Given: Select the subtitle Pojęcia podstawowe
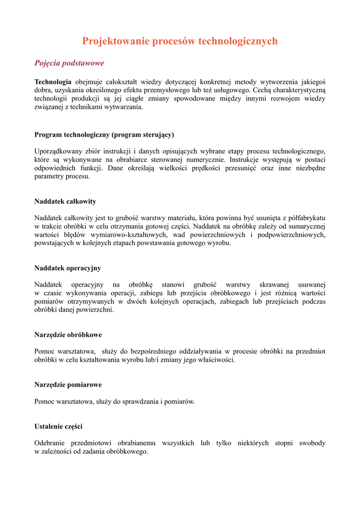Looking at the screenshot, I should coord(69,63).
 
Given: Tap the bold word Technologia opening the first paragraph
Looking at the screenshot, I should coord(53,82).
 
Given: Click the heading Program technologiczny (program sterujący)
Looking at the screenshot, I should coord(104,135).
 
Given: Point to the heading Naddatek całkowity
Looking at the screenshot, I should coord(65,201).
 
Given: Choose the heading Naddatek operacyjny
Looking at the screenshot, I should coord(68,268).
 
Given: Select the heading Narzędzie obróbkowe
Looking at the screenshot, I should coord(68,335).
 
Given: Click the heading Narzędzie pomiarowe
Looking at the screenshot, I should coord(68,385).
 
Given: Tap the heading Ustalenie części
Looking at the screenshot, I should coord(58,426).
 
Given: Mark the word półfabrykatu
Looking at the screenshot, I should coord(304,218).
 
